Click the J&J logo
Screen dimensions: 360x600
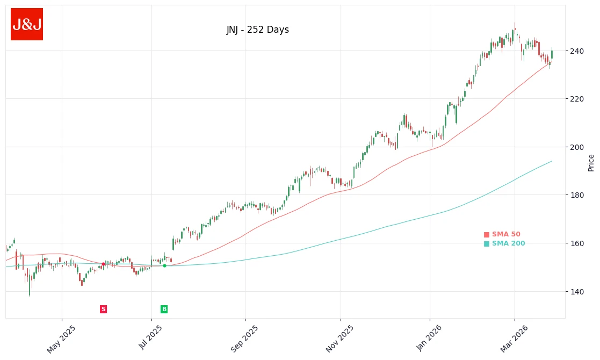point(27,24)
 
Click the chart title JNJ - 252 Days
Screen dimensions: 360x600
point(257,30)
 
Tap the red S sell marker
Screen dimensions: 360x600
point(103,309)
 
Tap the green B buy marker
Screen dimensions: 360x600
point(164,309)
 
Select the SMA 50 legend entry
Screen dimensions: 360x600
point(502,234)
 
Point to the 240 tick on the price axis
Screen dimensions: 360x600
point(576,51)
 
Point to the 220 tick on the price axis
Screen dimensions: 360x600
point(576,99)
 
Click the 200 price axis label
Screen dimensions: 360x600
point(576,147)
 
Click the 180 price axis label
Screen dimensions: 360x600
point(576,195)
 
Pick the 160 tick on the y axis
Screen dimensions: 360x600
point(576,243)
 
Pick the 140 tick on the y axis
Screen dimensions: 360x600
point(576,292)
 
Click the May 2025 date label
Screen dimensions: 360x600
point(61,339)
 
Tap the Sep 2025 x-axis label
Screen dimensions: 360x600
point(244,339)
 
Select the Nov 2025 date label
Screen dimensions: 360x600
point(340,339)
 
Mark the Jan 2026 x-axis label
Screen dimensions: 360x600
point(429,339)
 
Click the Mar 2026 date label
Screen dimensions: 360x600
point(514,339)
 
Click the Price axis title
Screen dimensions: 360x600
point(591,162)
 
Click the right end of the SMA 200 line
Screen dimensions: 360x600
point(552,161)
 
